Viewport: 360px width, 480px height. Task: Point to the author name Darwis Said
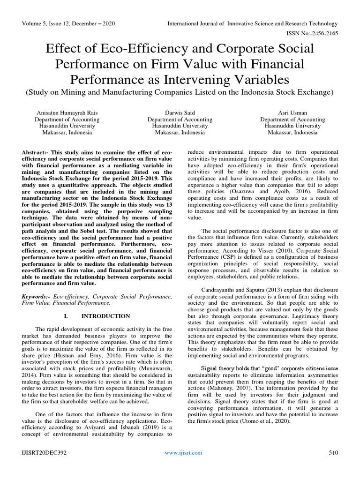point(180,113)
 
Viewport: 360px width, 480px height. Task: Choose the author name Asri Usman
point(292,113)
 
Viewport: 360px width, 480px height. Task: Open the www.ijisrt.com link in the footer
point(183,452)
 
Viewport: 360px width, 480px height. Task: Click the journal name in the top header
point(253,23)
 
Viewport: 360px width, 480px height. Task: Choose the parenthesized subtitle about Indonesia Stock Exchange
point(180,92)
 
